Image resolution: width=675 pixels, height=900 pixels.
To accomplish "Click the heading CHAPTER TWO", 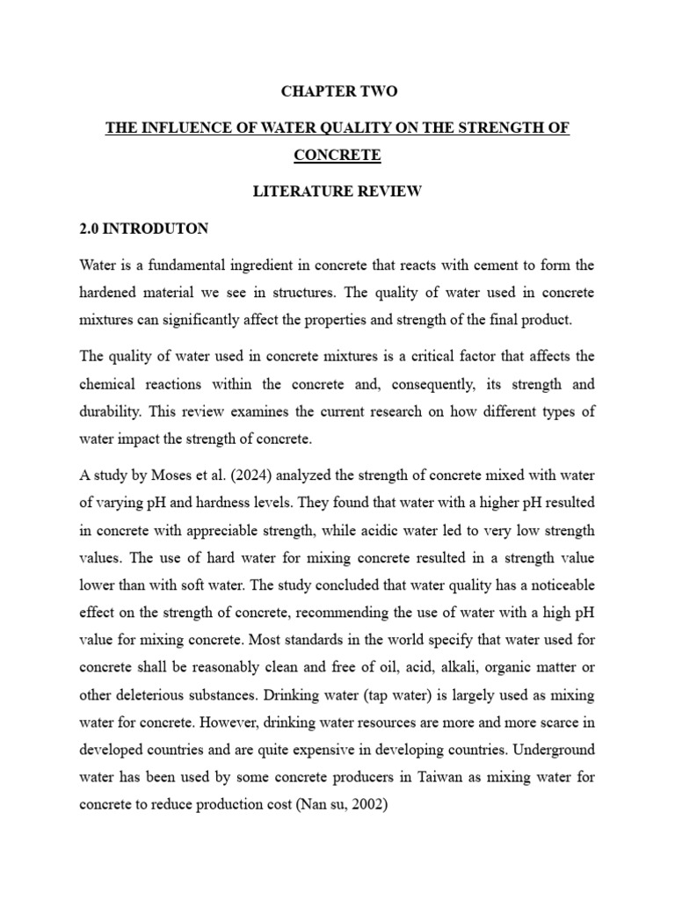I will click(x=338, y=91).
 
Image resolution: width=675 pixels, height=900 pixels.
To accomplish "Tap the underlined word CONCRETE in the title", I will click(x=337, y=155).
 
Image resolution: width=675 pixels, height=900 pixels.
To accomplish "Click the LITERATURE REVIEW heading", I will click(x=338, y=192).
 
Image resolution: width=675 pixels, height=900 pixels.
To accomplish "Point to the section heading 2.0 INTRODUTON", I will click(x=144, y=229).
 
